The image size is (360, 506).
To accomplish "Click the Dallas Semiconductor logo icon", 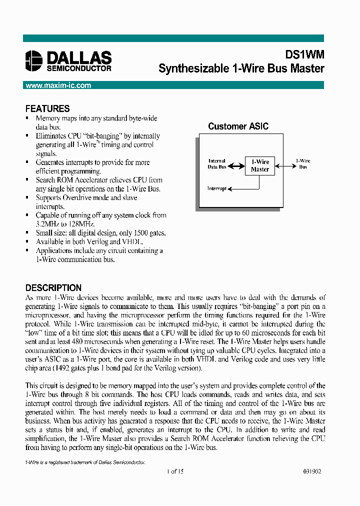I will point(34,60).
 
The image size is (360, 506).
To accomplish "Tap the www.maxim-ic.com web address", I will point(58,85).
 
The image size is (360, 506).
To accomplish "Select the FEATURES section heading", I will point(47,108).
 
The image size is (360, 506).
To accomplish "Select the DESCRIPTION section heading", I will point(53,288).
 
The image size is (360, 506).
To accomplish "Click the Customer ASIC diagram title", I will point(238,126).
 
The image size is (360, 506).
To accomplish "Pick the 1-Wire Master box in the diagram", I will point(259,165).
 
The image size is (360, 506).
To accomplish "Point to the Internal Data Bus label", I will point(217,164).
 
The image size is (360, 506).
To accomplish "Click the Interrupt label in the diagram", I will point(216,188).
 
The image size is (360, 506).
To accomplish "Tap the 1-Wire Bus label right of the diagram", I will point(303,164).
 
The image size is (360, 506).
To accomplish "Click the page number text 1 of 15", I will point(175,471).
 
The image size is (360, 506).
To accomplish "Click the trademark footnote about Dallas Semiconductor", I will point(85,462).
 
